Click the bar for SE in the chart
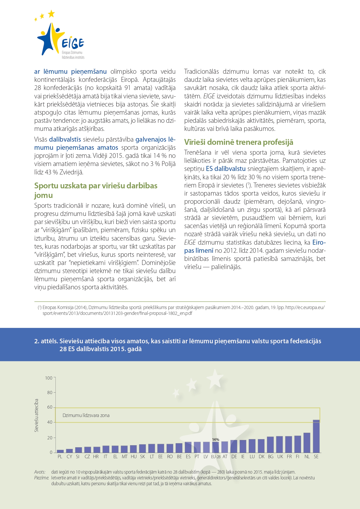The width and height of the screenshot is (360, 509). point(316,436)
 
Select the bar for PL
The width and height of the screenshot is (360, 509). point(60,451)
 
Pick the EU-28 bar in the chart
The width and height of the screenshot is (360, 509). point(216,447)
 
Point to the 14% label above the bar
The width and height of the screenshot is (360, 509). point(216,440)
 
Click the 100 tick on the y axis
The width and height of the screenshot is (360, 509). point(49,378)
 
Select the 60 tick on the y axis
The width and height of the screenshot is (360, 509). point(50,407)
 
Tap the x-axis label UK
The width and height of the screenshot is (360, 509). point(280,456)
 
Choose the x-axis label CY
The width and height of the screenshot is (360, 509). point(69,456)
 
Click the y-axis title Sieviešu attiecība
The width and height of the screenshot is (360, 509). point(37,415)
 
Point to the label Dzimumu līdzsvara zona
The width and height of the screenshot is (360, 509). point(86,415)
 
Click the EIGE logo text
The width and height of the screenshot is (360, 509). point(73,44)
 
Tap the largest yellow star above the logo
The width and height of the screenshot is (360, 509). point(51,13)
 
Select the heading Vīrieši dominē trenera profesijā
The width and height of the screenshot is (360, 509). point(238,142)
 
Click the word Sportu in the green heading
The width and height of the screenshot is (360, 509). point(46,186)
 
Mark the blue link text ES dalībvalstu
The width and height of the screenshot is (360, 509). point(226,169)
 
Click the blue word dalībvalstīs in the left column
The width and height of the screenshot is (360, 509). point(65,139)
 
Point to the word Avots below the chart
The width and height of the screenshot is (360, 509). point(40,472)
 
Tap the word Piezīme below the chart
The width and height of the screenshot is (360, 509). point(41,478)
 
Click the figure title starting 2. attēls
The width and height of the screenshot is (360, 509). point(178,345)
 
